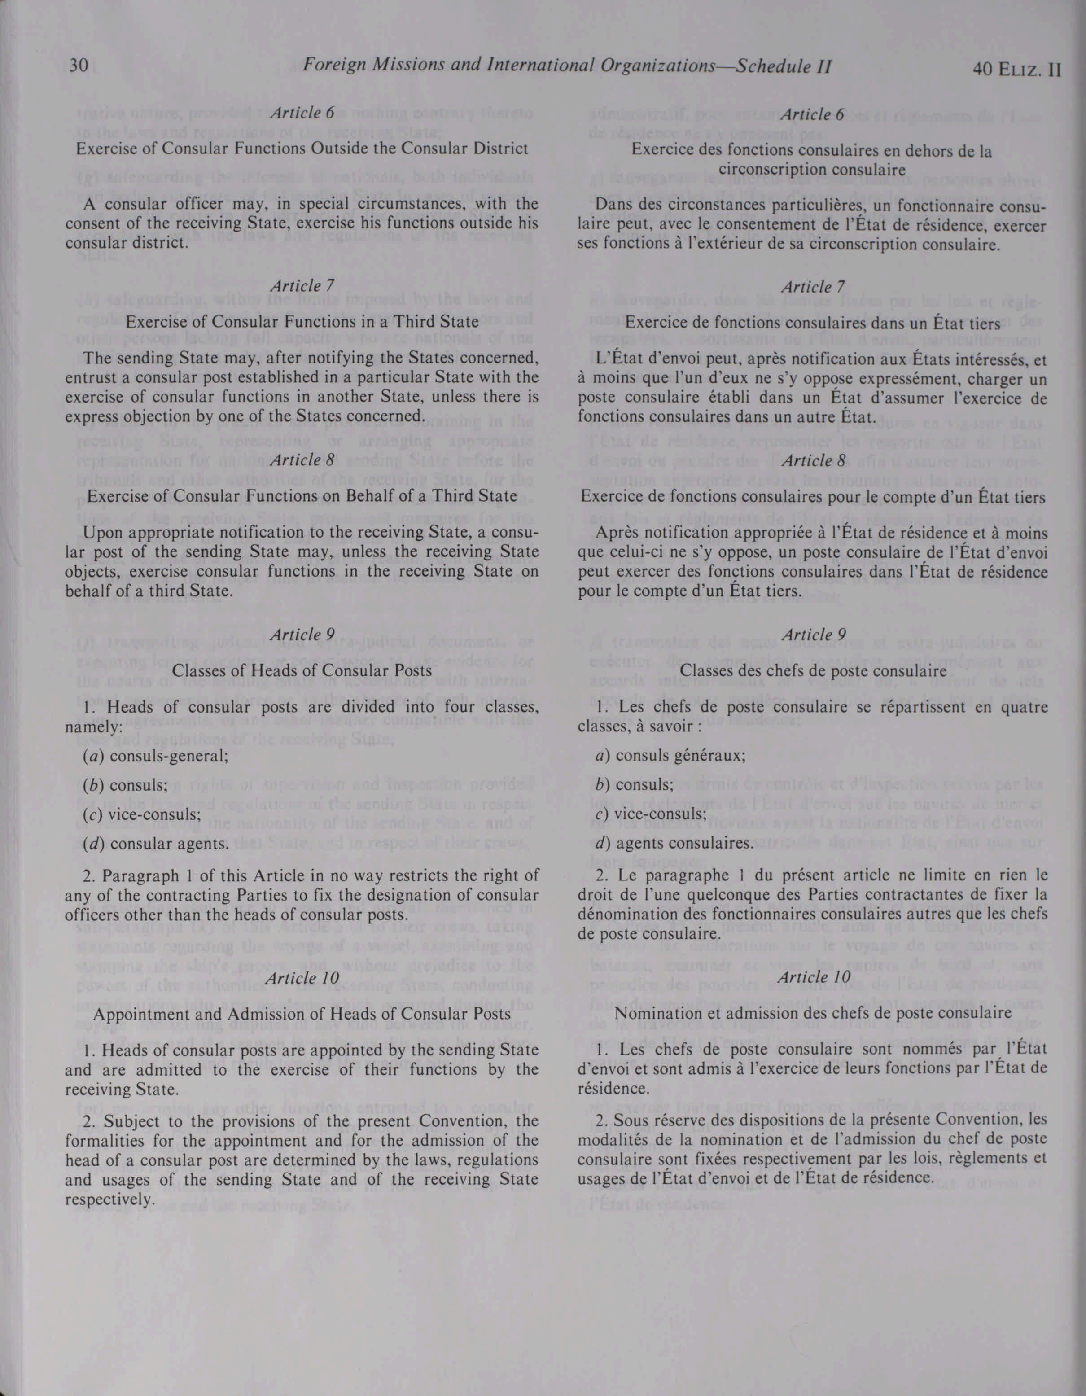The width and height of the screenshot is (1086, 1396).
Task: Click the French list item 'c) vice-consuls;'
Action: click(x=651, y=814)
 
